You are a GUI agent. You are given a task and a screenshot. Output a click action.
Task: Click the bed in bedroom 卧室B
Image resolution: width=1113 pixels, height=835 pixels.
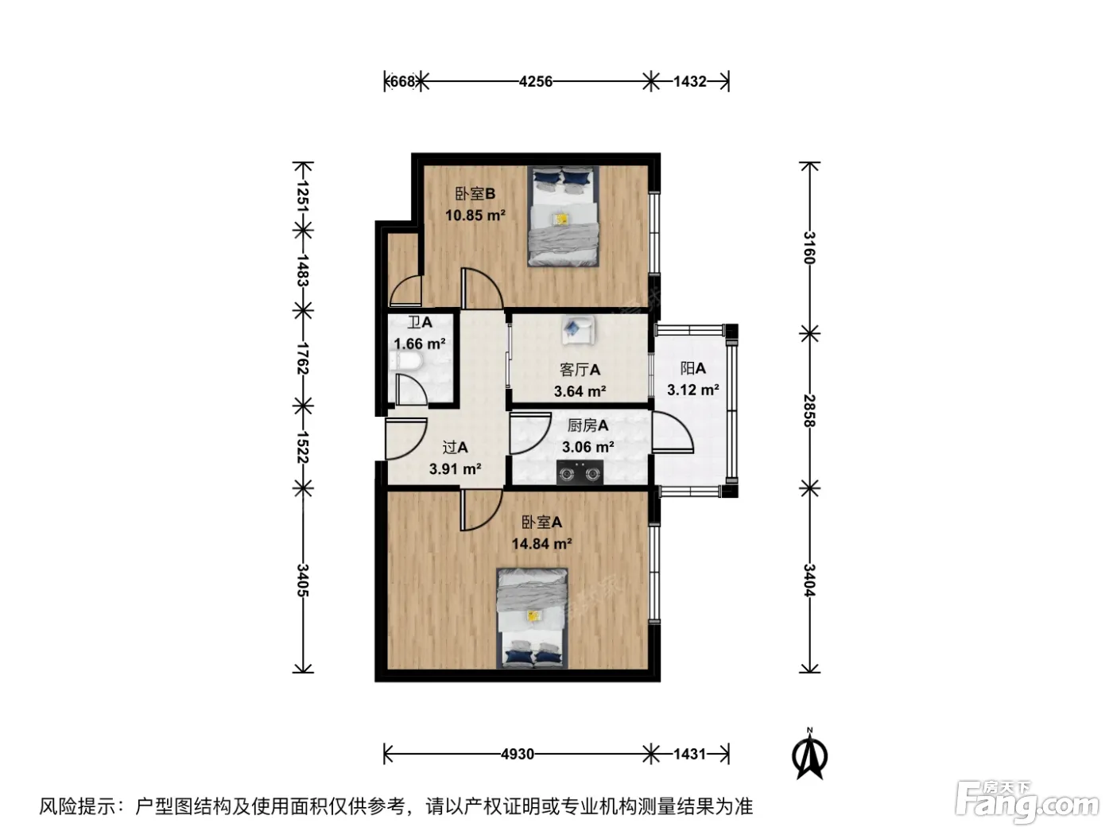tap(563, 216)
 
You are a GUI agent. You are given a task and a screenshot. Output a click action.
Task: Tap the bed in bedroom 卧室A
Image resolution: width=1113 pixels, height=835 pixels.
tap(532, 619)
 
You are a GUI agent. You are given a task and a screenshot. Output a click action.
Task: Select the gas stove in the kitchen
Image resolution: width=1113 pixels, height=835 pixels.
tap(580, 472)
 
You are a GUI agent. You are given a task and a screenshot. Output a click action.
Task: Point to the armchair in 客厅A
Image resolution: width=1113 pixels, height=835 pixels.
tap(577, 329)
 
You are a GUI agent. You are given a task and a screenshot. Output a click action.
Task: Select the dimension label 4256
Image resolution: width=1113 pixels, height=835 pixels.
tap(536, 82)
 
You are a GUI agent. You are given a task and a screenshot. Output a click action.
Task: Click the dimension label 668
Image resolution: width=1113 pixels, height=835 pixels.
tap(402, 82)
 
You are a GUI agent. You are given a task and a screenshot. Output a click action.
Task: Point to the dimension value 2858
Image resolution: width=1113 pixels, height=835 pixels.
tap(809, 411)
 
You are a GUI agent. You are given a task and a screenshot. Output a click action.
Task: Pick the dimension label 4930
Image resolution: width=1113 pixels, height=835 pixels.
tap(518, 755)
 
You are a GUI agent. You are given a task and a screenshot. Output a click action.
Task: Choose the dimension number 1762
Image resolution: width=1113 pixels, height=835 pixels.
tap(303, 358)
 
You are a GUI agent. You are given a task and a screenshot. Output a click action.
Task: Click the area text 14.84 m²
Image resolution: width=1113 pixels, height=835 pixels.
tap(541, 544)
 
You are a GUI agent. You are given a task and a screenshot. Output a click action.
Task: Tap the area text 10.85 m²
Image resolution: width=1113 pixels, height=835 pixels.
tap(475, 216)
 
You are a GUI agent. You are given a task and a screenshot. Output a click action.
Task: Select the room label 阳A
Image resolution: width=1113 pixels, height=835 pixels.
tap(692, 368)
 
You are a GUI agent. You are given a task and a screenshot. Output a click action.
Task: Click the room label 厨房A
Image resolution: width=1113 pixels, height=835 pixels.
tap(588, 426)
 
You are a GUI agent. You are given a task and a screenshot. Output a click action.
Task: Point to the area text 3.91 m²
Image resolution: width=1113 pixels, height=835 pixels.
tap(455, 469)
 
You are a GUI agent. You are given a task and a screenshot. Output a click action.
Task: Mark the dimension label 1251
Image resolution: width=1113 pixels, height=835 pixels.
tap(303, 196)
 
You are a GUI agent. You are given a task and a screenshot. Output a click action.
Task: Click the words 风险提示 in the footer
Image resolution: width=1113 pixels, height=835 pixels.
tap(78, 806)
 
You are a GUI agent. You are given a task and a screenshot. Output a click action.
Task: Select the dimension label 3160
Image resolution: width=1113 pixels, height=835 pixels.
tap(809, 247)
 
